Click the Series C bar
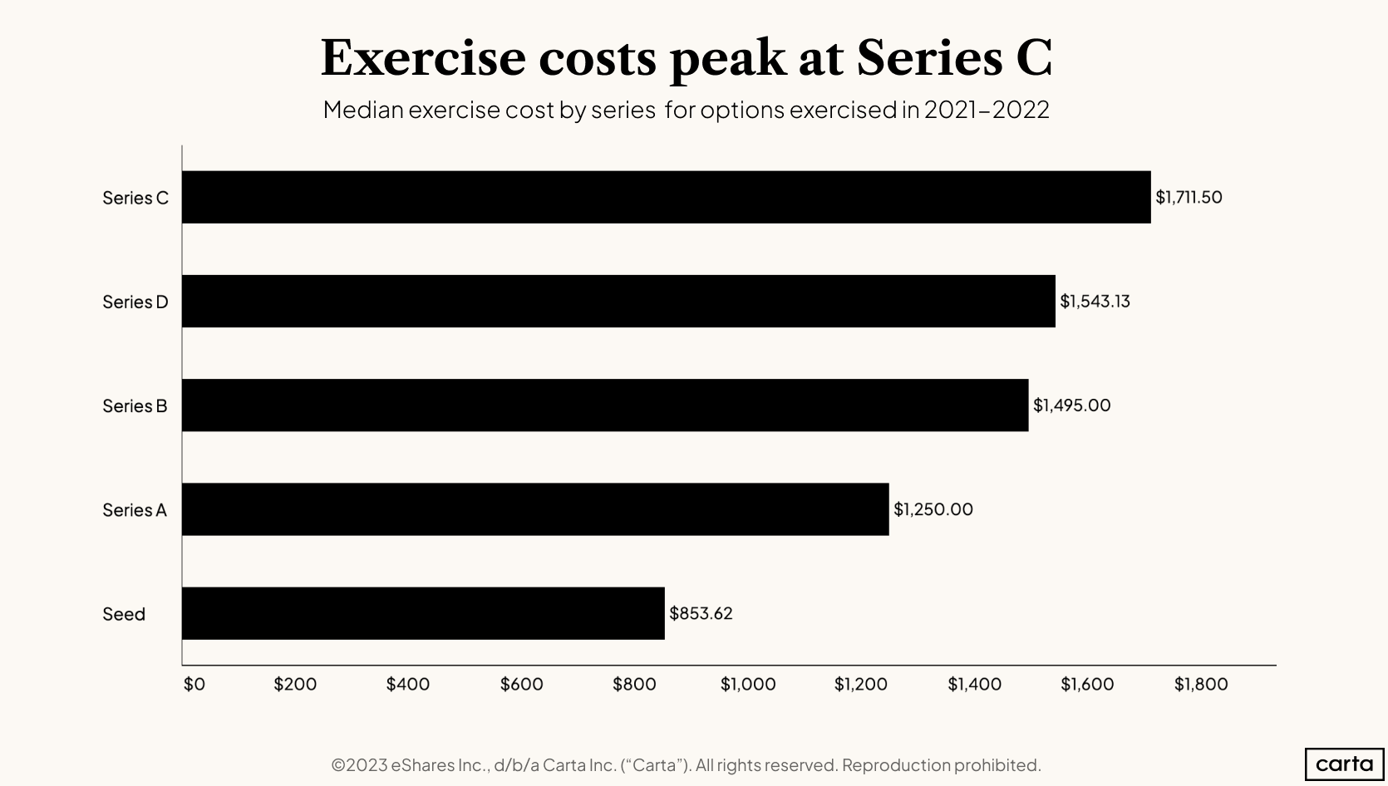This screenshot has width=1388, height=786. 666,197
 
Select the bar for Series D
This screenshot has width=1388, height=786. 618,301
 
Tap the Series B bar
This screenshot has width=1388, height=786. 605,405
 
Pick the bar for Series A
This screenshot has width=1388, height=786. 535,509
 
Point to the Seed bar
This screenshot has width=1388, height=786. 423,613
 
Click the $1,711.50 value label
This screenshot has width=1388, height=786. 1189,198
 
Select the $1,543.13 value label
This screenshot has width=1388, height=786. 1095,302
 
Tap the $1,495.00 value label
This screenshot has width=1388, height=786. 1071,405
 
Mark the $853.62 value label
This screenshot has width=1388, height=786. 701,613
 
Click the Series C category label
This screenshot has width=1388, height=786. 135,198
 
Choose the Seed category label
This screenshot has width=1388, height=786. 124,614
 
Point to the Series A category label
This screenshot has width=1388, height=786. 135,510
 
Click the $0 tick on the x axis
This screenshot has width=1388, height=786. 194,684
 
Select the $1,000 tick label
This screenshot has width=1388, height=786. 748,684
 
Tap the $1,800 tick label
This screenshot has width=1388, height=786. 1200,684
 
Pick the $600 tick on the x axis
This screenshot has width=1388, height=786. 521,684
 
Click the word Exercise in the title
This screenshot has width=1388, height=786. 423,58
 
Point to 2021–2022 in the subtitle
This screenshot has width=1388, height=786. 986,110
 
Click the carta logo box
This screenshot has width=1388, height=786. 1344,764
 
